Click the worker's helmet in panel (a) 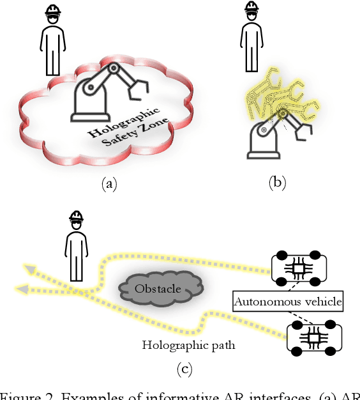click(54, 12)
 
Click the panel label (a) click(110, 184)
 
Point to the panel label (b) click(277, 184)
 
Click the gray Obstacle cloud click(158, 288)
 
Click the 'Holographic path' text click(189, 346)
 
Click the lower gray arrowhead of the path click(22, 289)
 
